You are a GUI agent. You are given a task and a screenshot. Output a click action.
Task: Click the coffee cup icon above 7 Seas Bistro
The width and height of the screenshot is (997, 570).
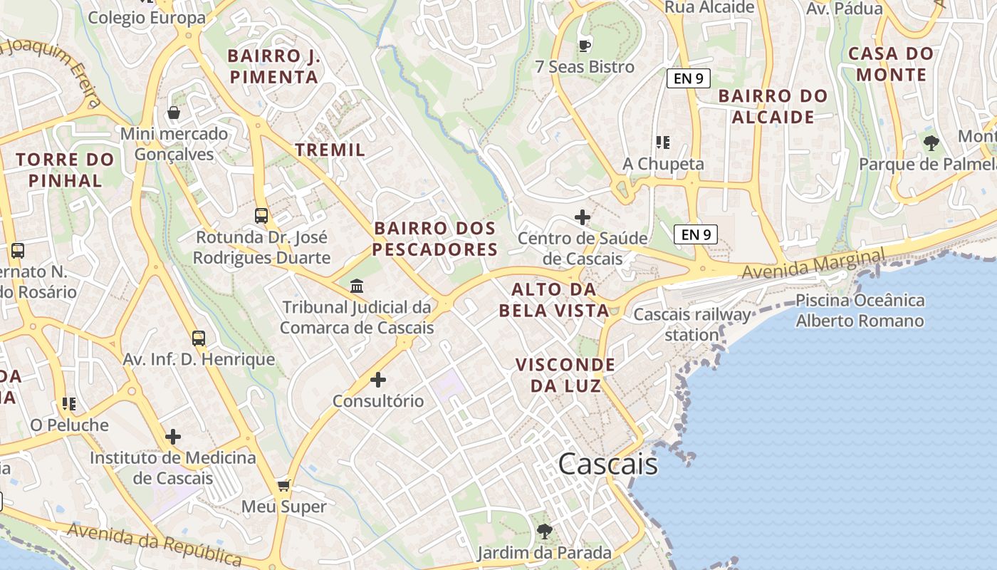pos(584,46)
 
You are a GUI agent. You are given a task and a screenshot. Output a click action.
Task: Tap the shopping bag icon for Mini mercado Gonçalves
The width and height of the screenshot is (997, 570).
pos(173,113)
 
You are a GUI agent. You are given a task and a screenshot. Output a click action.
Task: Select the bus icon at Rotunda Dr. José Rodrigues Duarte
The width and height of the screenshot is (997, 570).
pos(261,215)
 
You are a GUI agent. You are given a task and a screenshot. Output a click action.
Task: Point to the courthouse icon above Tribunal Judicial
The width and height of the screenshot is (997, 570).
pos(357,286)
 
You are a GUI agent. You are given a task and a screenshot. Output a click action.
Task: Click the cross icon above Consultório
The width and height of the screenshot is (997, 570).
pos(378,380)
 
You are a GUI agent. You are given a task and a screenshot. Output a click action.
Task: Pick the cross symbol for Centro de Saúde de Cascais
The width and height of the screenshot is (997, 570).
pos(583,217)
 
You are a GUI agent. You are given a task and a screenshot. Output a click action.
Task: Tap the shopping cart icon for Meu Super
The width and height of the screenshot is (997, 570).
pos(283,486)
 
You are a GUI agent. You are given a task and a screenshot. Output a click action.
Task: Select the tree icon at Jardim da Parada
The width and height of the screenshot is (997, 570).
pos(544,532)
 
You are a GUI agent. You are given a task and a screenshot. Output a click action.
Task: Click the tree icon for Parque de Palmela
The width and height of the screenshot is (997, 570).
pos(931,143)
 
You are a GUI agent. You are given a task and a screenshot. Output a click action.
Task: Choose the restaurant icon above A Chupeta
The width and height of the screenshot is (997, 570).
pos(663,142)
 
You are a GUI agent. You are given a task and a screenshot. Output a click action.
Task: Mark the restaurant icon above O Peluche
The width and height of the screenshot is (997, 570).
pos(68,404)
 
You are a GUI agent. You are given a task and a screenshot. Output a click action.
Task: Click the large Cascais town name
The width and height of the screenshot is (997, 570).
pos(607,464)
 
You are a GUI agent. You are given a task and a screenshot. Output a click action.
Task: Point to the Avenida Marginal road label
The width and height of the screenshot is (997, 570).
pos(813,264)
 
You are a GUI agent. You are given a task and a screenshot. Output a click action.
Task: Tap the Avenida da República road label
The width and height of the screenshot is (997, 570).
pos(155,543)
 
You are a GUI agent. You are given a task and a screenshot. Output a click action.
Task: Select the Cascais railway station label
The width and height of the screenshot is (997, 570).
pos(692,324)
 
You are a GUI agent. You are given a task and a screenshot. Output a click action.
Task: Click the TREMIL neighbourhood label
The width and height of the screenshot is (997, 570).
pos(330,150)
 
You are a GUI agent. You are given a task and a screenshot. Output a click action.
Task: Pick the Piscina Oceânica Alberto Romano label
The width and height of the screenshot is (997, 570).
pos(860,311)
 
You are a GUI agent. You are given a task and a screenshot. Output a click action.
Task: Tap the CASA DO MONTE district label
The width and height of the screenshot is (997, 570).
pos(891,64)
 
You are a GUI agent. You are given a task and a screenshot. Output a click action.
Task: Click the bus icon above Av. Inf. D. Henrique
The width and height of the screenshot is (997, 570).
pos(199,338)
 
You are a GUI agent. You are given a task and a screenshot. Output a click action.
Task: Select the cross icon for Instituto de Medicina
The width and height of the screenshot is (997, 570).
pos(172,437)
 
